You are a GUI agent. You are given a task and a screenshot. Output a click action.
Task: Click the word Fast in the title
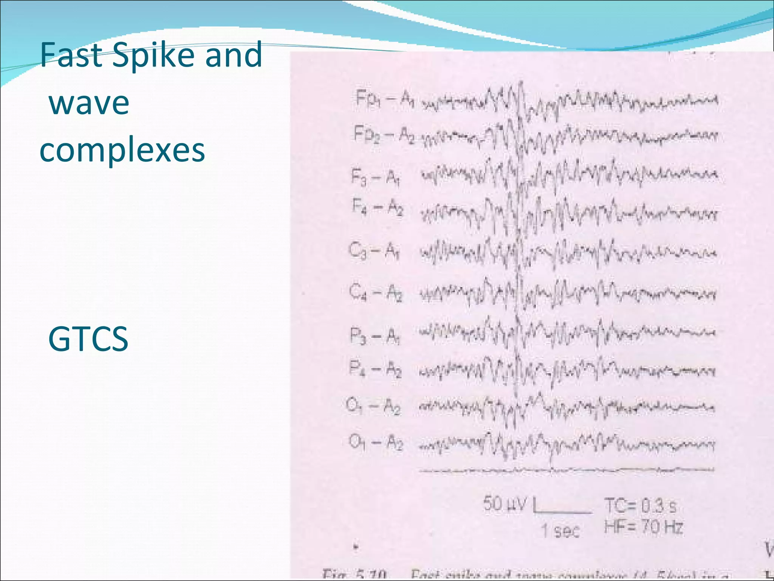[x=72, y=55]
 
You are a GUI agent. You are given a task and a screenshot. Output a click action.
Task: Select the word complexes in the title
[x=122, y=150]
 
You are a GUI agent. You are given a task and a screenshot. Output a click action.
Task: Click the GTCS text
[x=88, y=339]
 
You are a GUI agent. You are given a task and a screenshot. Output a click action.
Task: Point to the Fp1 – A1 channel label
[x=385, y=99]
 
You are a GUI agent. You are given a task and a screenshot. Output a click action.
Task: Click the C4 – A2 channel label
[x=376, y=292]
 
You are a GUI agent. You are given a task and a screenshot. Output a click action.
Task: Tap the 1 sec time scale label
[x=560, y=530]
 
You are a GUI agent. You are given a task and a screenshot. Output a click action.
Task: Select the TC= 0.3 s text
[x=640, y=506]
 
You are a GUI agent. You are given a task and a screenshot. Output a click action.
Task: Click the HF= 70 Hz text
[x=644, y=526]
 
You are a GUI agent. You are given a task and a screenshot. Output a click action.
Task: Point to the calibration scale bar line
[x=563, y=512]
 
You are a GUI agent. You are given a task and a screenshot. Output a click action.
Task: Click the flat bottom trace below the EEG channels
[x=567, y=470]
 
